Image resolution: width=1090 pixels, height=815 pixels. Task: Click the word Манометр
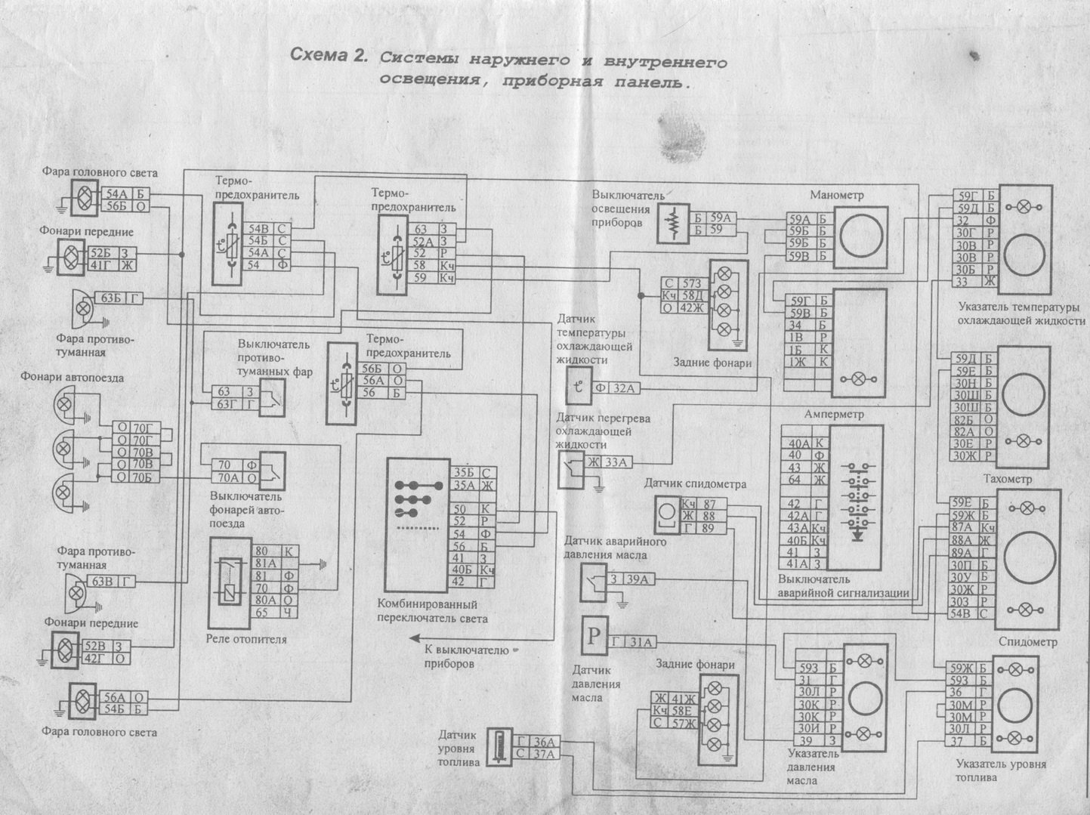(836, 195)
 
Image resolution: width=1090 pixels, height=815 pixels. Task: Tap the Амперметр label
(834, 414)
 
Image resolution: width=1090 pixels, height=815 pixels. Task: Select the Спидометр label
(1027, 641)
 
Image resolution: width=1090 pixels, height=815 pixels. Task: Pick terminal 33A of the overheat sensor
(618, 462)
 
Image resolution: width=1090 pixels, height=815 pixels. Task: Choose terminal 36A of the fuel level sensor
(544, 741)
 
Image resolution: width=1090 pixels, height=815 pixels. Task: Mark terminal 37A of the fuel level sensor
(544, 753)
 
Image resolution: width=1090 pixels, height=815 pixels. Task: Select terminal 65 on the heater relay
(262, 613)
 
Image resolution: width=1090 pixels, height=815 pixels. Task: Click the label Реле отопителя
(246, 639)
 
